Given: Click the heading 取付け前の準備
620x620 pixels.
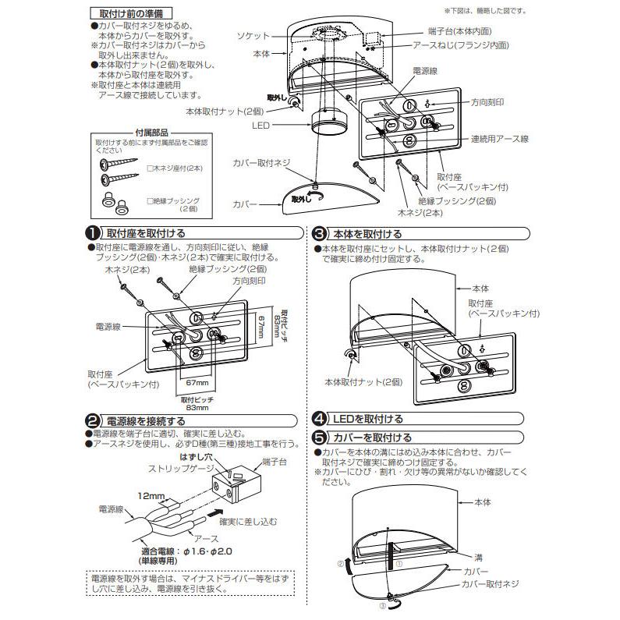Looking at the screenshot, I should (124, 14).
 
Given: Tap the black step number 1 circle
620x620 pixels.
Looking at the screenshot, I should (92, 233).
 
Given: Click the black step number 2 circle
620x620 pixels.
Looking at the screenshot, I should (92, 420).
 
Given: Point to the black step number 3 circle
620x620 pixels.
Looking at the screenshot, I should (319, 233).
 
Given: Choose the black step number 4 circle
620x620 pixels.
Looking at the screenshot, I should (319, 419).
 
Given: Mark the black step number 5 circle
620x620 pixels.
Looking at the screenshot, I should (319, 438).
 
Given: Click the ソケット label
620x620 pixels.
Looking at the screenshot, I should (254, 37).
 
